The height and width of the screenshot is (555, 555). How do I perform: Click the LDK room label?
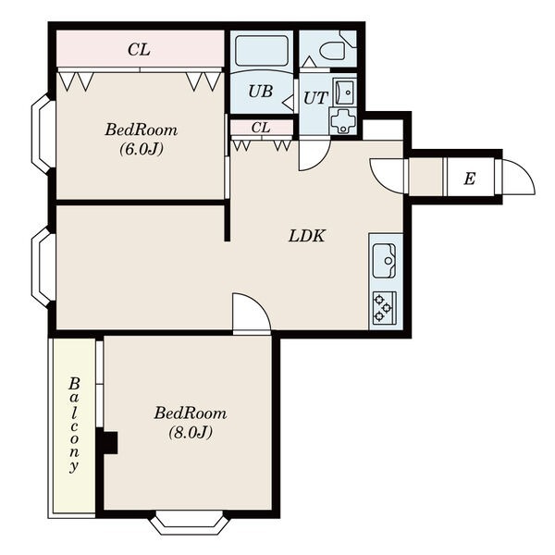coord(306,236)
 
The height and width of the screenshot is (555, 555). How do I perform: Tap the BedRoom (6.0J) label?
coord(142,139)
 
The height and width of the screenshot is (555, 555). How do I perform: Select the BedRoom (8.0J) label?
coord(191,423)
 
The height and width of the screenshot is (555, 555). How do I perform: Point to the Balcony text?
coord(74,425)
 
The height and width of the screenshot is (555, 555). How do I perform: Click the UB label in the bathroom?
coord(261,92)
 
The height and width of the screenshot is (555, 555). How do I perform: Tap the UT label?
coord(315,98)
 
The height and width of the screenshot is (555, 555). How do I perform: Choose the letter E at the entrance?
coord(469,179)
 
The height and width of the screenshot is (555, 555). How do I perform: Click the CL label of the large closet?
coord(139,50)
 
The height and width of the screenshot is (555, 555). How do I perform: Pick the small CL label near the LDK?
coord(261,128)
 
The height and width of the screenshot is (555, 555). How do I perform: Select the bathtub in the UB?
coord(262,51)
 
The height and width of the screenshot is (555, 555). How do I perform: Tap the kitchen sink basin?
coord(385,261)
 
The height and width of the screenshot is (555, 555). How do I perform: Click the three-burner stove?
coord(385,308)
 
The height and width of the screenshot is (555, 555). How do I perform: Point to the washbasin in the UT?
coord(344,92)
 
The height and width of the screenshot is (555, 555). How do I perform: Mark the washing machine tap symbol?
coord(342,120)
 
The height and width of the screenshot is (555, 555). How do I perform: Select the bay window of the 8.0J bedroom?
coord(190,523)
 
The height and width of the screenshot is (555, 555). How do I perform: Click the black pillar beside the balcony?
coord(110,442)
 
